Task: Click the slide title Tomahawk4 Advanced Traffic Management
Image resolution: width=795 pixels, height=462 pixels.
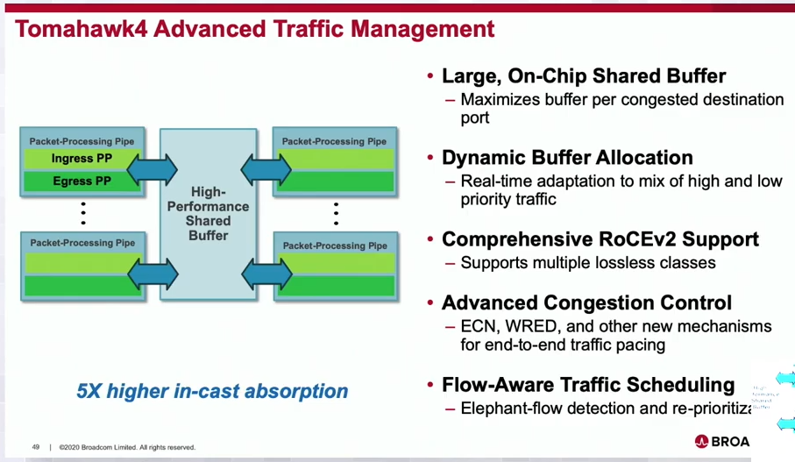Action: point(255,28)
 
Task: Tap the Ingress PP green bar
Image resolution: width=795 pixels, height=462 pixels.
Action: point(82,159)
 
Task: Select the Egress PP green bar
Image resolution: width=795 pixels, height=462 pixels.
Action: point(82,181)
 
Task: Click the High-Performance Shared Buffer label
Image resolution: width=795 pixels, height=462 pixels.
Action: point(208,213)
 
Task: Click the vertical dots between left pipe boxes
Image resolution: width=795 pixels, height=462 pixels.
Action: point(82,213)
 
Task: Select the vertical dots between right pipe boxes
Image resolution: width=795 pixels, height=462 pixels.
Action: point(336,213)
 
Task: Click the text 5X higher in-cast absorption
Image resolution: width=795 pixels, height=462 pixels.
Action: point(212,391)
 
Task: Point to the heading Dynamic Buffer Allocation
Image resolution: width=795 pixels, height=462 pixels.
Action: point(567,158)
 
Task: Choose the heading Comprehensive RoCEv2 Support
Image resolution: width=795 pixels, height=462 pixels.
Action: point(600,239)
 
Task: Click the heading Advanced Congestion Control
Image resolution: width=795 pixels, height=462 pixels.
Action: point(586,303)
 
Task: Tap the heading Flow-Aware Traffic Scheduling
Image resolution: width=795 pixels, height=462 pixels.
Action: point(587,385)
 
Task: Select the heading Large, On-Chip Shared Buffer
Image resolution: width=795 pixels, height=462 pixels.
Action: point(583,76)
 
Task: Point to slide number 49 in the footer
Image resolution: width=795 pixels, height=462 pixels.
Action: point(36,446)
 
